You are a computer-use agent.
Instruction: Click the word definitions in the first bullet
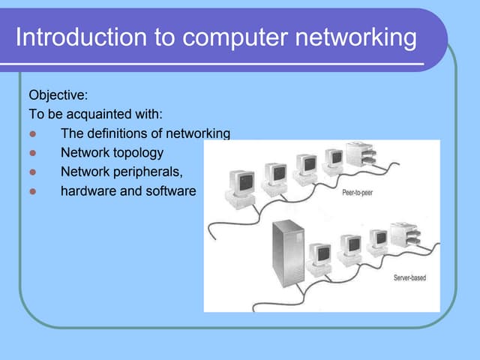click(118, 133)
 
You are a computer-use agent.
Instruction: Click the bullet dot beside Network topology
click(32, 153)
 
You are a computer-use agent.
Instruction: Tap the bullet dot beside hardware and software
click(32, 191)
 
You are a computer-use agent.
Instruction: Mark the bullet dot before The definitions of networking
click(32, 134)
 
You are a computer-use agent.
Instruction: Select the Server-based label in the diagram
click(409, 278)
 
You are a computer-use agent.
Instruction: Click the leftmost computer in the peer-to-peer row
click(242, 183)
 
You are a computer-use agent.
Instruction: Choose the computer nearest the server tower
click(322, 255)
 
